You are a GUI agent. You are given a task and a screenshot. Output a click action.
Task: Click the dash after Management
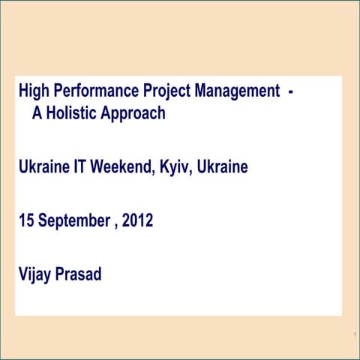pyautogui.click(x=290, y=92)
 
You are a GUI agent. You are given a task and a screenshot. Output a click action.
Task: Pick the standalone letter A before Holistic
pyautogui.click(x=37, y=114)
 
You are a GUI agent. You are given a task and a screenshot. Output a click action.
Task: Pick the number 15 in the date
pyautogui.click(x=26, y=221)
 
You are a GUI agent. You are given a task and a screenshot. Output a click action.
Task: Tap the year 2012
pyautogui.click(x=138, y=221)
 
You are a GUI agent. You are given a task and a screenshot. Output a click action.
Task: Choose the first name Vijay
pyautogui.click(x=36, y=274)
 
